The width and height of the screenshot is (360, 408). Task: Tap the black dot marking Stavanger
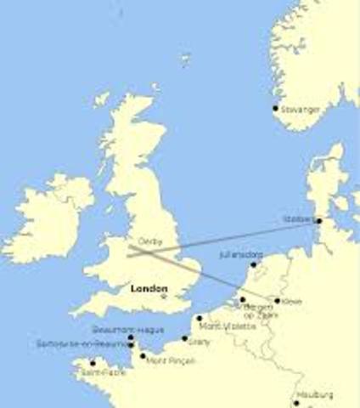coord(275,108)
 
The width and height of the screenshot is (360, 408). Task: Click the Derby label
coord(149,241)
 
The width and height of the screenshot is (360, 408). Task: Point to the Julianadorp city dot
coord(252,264)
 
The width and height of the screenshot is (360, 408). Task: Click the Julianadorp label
coord(240,254)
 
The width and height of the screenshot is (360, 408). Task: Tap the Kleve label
coord(293,301)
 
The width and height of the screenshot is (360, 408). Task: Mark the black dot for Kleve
coord(277,300)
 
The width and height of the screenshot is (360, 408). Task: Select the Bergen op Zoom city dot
coord(242,299)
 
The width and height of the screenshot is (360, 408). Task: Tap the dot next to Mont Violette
coord(200,319)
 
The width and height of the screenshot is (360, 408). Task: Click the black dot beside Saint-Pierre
coord(93,363)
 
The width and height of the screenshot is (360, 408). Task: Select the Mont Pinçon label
coord(170,360)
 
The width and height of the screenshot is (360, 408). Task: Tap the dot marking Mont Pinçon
coord(143,355)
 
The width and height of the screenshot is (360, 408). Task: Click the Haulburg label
coord(315,395)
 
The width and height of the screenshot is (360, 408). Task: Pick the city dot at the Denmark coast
coord(318,221)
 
